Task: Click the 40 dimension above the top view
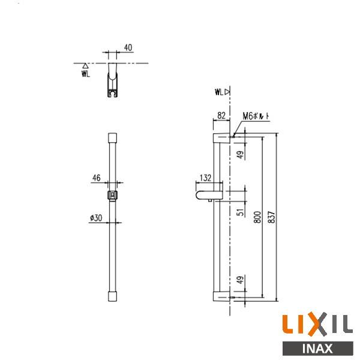(128, 47)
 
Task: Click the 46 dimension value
(96, 178)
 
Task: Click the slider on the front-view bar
(112, 195)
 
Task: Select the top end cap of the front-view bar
(112, 137)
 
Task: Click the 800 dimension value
(256, 217)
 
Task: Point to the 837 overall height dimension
(272, 217)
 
